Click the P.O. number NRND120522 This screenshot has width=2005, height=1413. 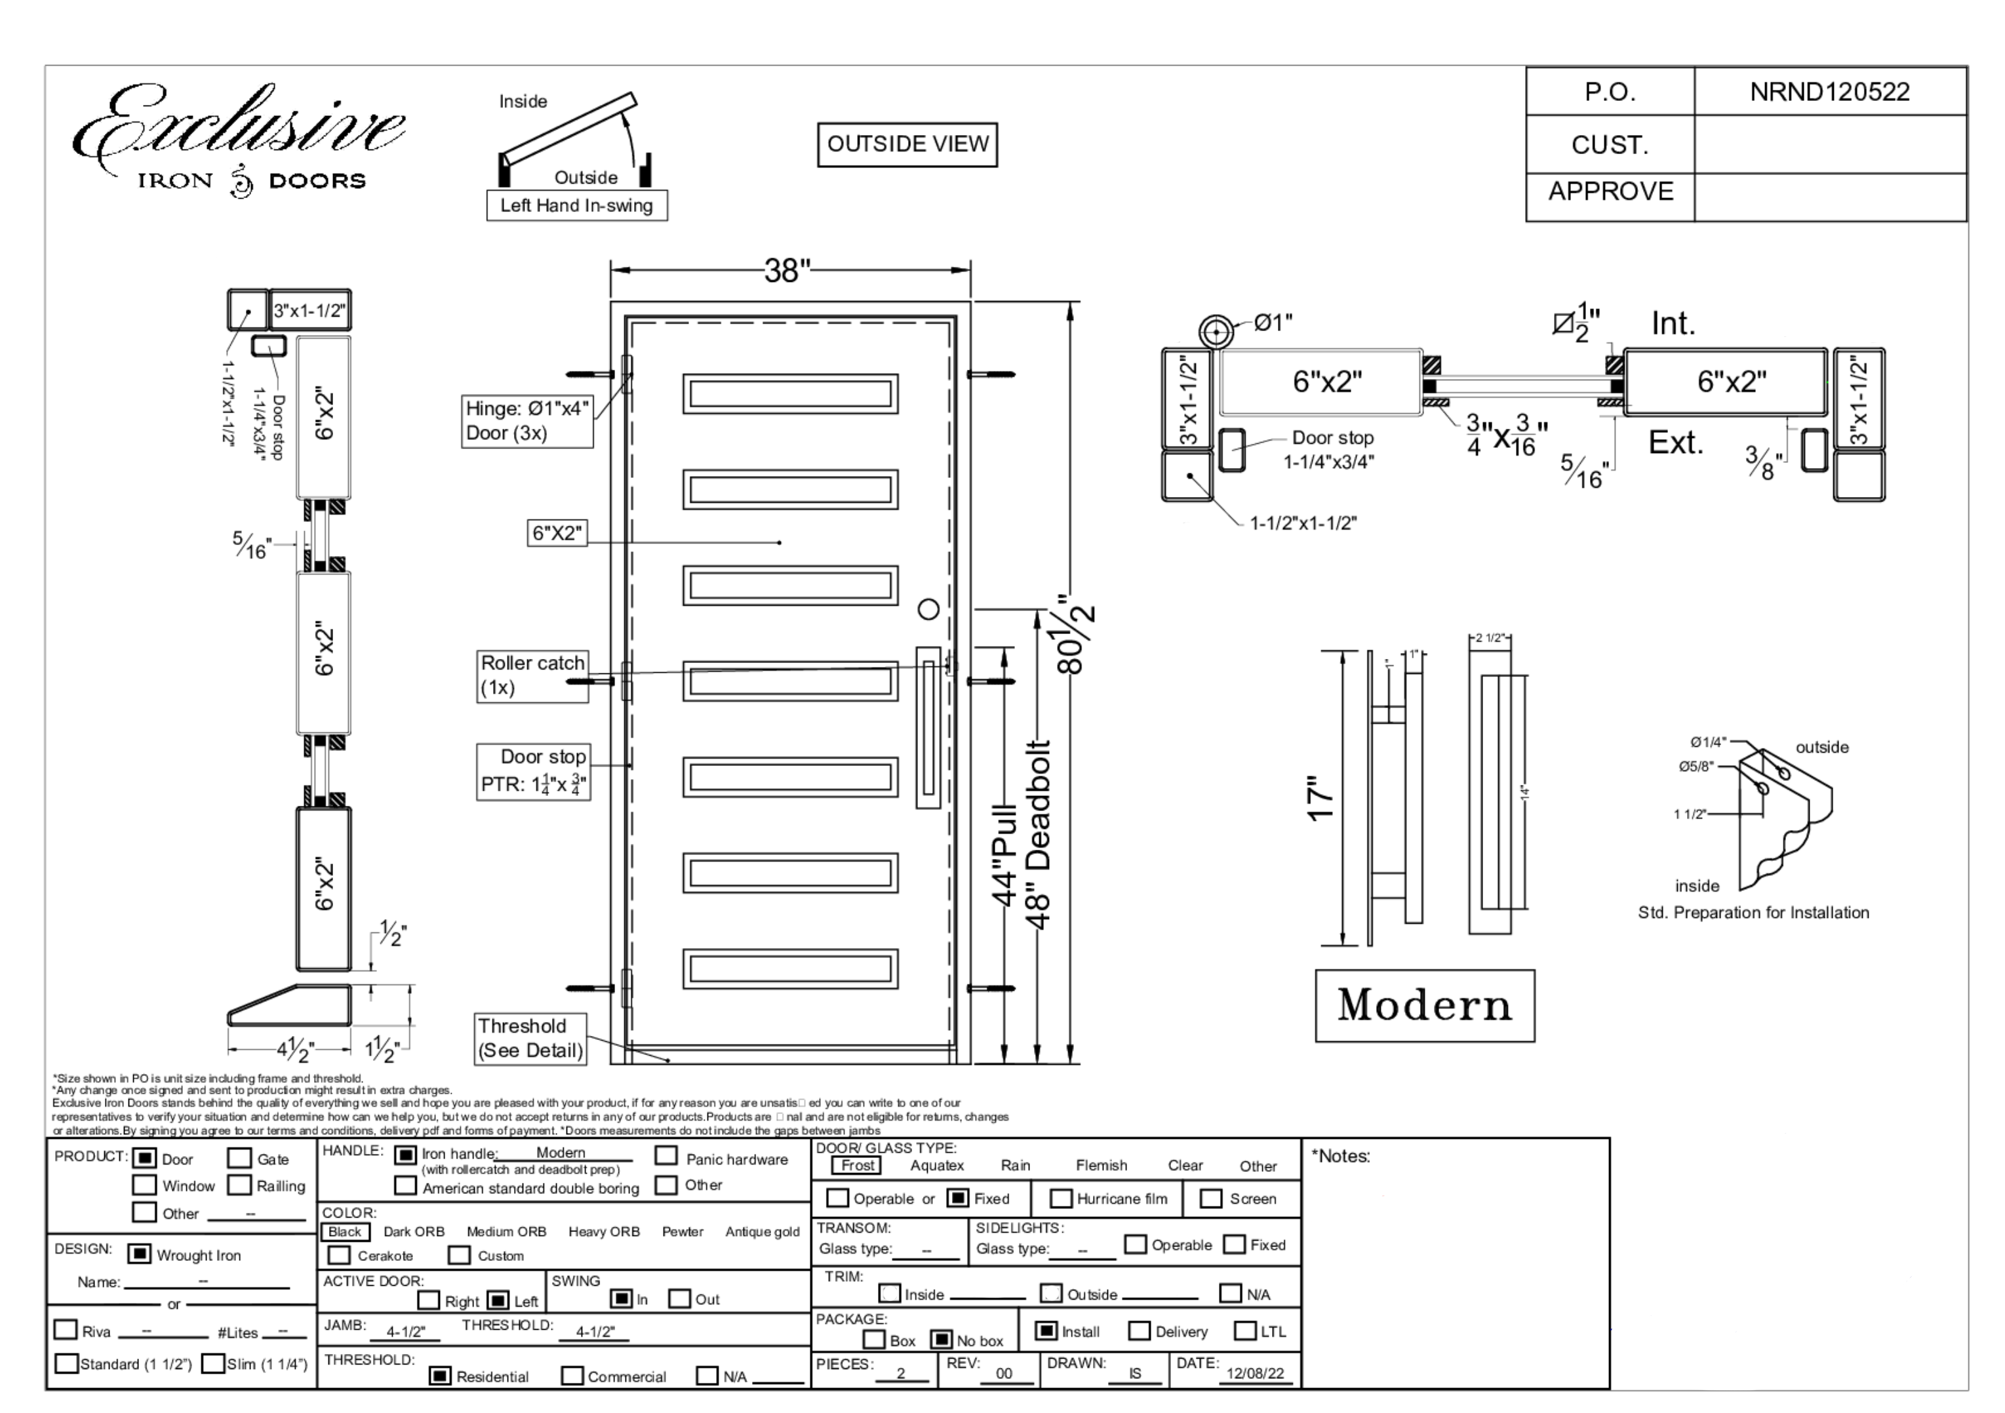pos(1829,92)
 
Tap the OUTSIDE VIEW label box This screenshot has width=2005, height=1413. pos(907,144)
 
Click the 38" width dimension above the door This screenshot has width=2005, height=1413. pos(787,271)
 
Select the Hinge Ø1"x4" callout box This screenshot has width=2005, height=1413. pos(527,421)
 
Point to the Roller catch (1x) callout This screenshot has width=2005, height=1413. pos(532,675)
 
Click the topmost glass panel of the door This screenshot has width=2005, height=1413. pos(790,394)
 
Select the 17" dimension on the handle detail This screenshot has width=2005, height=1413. pos(1321,798)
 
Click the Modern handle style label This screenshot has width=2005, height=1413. pos(1424,1005)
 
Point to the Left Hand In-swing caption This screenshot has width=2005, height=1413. pos(576,206)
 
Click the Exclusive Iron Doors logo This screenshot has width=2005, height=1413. pos(239,140)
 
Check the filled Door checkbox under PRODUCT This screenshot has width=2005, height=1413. pos(145,1158)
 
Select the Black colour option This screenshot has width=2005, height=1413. pos(345,1231)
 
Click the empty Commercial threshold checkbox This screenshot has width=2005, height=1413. pos(572,1376)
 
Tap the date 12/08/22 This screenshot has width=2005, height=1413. pos(1255,1373)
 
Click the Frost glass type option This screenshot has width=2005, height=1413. pos(857,1165)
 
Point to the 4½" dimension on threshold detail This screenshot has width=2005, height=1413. pos(295,1050)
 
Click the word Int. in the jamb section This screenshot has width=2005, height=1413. pos(1673,324)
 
